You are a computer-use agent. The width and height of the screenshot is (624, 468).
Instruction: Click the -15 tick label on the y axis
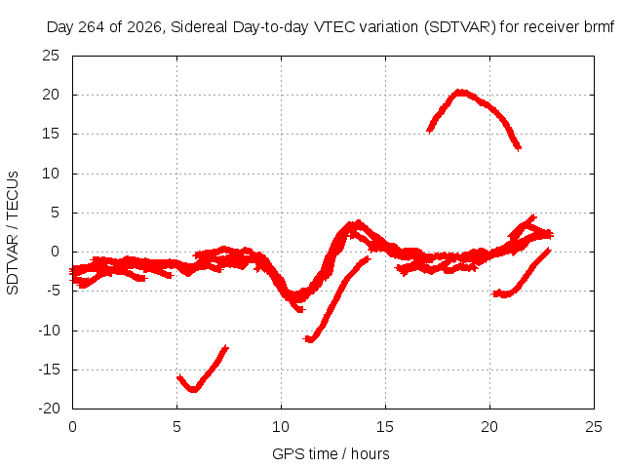click(x=49, y=370)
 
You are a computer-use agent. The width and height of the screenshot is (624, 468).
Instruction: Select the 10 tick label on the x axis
click(x=281, y=427)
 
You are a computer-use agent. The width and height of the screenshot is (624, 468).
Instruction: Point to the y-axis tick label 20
click(x=51, y=95)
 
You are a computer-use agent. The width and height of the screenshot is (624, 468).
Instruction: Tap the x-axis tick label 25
click(x=594, y=427)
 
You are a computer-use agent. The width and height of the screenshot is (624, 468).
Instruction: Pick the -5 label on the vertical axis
click(x=51, y=291)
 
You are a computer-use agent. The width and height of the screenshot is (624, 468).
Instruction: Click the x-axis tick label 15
click(x=385, y=427)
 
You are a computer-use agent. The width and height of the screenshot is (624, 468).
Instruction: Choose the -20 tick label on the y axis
click(x=49, y=409)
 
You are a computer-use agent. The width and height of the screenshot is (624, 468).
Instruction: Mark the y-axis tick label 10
click(x=51, y=174)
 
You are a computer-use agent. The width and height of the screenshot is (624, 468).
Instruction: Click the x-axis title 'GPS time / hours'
click(x=331, y=454)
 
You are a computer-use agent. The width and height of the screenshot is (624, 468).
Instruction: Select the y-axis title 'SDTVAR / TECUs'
click(x=13, y=233)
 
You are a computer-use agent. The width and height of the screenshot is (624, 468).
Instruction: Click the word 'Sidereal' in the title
click(x=199, y=27)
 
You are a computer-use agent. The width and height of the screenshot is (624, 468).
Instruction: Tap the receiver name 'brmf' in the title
click(x=600, y=27)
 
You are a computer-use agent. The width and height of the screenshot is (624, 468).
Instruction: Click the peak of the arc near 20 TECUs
click(x=461, y=93)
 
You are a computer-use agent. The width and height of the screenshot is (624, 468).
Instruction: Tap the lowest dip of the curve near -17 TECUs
click(x=193, y=389)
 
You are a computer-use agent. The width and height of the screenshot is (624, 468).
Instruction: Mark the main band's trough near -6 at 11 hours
click(x=296, y=296)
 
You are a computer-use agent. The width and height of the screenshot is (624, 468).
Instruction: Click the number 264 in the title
click(x=91, y=27)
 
